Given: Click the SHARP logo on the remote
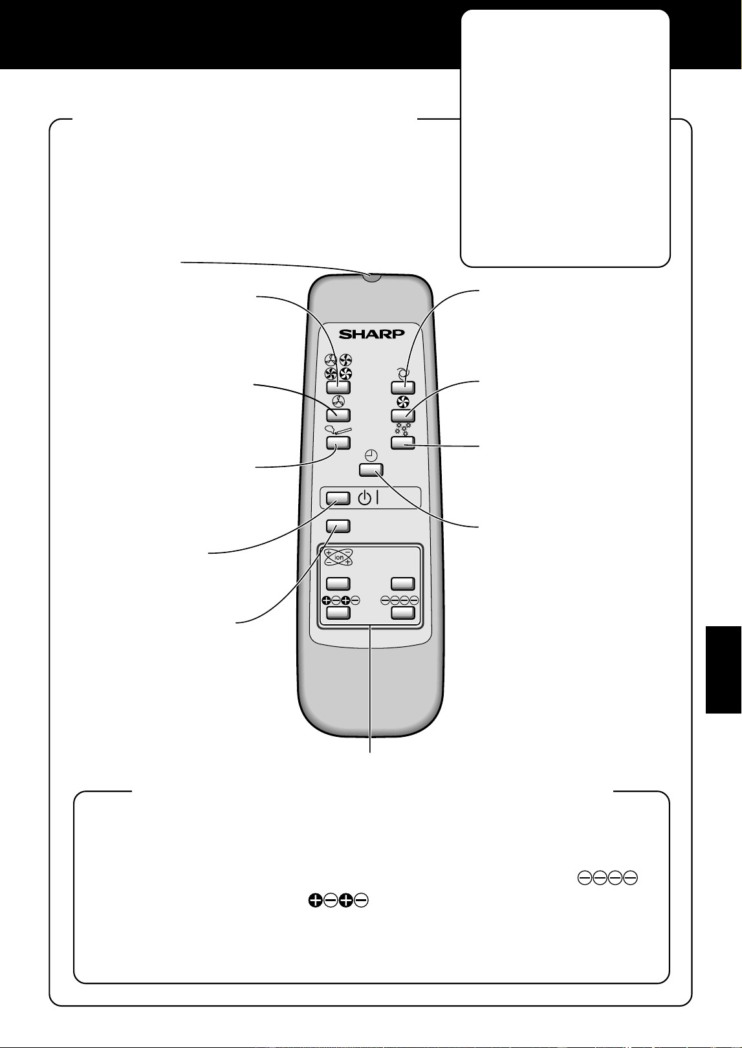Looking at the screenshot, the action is pos(371,334).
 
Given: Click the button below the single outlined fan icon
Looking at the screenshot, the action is pos(338,415).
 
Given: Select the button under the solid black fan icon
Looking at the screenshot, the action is pos(403,415).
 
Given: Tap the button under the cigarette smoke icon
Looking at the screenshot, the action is pos(338,442).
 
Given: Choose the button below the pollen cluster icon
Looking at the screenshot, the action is pos(403,442).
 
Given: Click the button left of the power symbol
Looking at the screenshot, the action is pos(338,498).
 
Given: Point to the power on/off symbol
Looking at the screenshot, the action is pos(368,499).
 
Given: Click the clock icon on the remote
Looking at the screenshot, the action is pos(371,455).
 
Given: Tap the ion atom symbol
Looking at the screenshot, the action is pos(338,558).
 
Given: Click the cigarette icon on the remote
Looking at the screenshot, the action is pos(338,430).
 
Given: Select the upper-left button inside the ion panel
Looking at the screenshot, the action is pos(338,584).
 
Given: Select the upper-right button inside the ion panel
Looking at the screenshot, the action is pos(403,584).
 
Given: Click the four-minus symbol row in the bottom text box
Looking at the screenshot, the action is pos(607,878).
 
